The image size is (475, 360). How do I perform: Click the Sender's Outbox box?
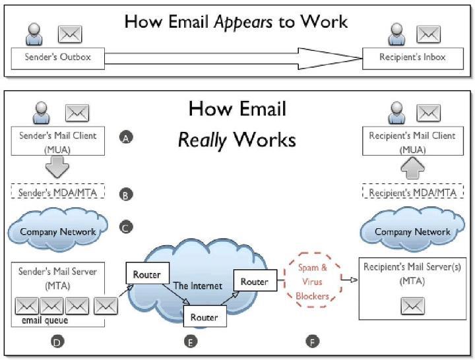pyautogui.click(x=57, y=58)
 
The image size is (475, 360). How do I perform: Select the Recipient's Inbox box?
pyautogui.click(x=412, y=58)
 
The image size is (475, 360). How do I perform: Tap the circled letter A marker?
pyautogui.click(x=126, y=137)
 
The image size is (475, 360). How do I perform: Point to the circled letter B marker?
pyautogui.click(x=126, y=195)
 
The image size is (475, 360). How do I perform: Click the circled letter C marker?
pyautogui.click(x=126, y=227)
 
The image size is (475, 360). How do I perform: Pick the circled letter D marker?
pyautogui.click(x=57, y=341)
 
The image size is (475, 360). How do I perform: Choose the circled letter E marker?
pyautogui.click(x=191, y=341)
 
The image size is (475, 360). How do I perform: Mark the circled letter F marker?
pyautogui.click(x=312, y=341)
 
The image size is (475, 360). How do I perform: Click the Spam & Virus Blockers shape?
pyautogui.click(x=312, y=282)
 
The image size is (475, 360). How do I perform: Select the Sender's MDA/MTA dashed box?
pyautogui.click(x=57, y=193)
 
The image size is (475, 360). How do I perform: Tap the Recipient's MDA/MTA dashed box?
pyautogui.click(x=412, y=193)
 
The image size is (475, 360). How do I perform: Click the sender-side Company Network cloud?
pyautogui.click(x=58, y=231)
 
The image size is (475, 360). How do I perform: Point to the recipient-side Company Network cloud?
pyautogui.click(x=412, y=231)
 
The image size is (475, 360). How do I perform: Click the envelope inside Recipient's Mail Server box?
pyautogui.click(x=412, y=306)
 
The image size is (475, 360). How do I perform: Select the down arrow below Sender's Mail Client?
pyautogui.click(x=57, y=167)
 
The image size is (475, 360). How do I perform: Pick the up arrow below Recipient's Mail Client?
pyautogui.click(x=412, y=167)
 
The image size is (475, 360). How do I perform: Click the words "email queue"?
pyautogui.click(x=40, y=320)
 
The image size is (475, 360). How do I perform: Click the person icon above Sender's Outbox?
pyautogui.click(x=34, y=34)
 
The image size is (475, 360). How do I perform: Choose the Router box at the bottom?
pyautogui.click(x=204, y=316)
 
